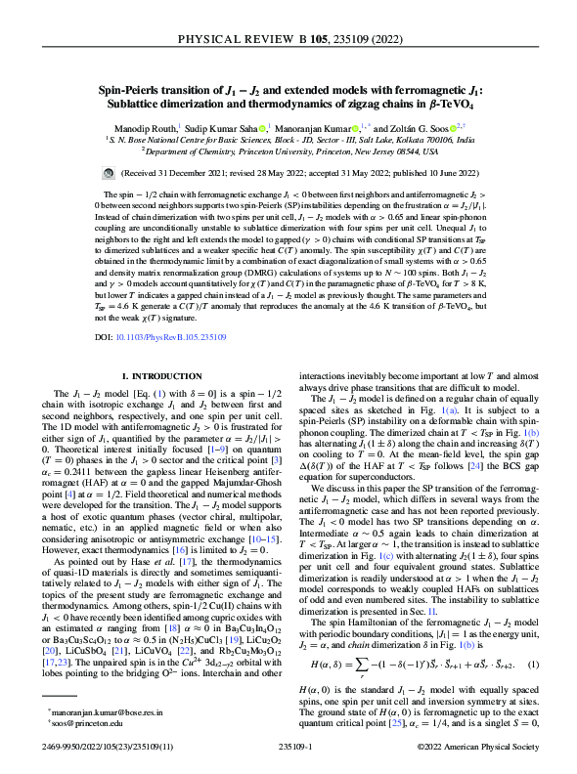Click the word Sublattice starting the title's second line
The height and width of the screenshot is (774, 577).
click(x=144, y=102)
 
